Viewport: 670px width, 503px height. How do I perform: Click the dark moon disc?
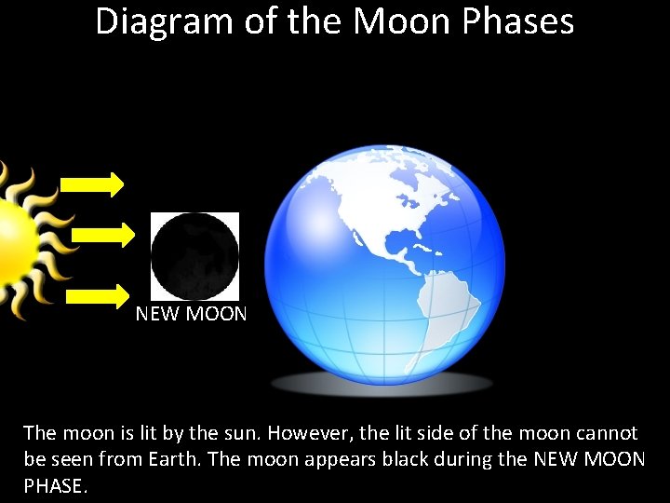pos(194,256)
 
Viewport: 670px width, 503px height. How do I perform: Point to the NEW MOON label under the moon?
pos(191,314)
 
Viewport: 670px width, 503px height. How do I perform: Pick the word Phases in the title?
pos(524,21)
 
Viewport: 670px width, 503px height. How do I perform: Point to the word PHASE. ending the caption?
pos(56,486)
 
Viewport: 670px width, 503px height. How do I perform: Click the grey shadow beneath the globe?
pos(382,383)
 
